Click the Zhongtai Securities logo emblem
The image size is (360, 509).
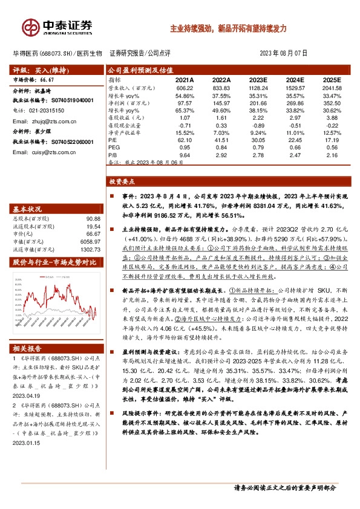(30, 27)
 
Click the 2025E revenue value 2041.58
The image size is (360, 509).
(331, 88)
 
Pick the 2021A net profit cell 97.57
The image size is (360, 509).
(184, 103)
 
